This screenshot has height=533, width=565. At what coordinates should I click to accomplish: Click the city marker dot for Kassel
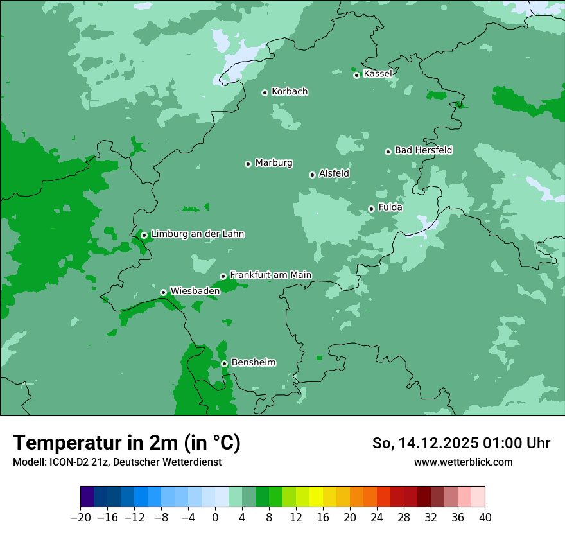point(356,75)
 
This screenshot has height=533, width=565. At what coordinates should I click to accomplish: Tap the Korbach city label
point(290,92)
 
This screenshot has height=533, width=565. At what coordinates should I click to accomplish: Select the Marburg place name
point(274,163)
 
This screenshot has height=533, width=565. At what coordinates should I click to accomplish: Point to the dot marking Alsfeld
point(312,175)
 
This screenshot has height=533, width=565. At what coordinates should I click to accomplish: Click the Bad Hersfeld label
point(423,150)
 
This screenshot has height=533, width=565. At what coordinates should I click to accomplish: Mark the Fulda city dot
point(371,209)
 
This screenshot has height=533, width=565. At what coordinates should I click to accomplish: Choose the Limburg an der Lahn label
point(197,234)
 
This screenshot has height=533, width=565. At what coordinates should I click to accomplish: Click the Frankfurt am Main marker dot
point(223,276)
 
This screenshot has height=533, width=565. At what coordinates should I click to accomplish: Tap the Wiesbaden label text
point(195,291)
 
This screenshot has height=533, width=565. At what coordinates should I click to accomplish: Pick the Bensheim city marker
point(224,363)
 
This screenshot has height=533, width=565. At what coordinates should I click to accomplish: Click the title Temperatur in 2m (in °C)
point(126,442)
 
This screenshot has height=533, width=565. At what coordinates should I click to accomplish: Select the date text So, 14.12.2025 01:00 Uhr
point(461,443)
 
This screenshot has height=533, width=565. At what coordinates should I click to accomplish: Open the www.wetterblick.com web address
point(463,462)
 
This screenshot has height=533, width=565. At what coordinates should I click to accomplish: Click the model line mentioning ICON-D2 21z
point(117,462)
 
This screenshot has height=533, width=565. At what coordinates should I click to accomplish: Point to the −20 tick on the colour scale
point(80,518)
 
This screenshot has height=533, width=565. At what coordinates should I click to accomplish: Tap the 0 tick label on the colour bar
point(215,518)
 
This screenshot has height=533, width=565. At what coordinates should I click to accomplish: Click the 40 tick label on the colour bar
point(485,518)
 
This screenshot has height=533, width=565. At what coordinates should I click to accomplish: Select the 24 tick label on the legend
point(377,518)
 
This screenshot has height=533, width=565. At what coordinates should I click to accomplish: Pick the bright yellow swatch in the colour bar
point(316,497)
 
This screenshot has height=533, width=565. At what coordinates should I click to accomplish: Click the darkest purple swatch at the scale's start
point(87,497)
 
